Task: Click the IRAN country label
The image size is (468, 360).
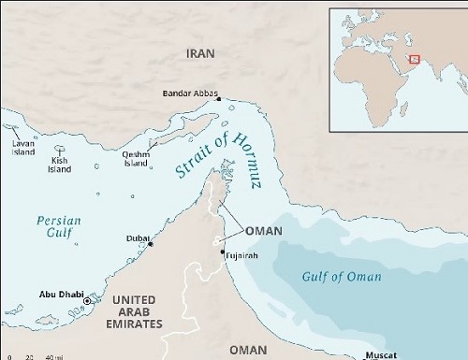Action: pos(199,54)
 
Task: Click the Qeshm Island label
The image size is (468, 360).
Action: pos(136,160)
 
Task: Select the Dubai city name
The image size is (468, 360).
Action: pos(137,239)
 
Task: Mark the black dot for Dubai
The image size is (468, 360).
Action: pos(150,243)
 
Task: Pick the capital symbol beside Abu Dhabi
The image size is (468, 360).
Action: pos(88,301)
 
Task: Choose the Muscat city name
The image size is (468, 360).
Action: pos(380,355)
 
